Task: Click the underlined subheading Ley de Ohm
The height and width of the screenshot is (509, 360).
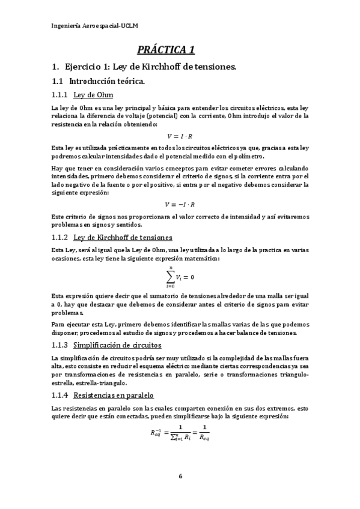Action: point(93,95)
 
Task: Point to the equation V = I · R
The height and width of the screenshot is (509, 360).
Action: point(180,136)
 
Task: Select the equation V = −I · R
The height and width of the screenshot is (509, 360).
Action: point(180,205)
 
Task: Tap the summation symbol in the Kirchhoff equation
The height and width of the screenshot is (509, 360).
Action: point(169,277)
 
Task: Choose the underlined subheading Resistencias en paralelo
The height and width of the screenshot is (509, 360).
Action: point(114,396)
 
